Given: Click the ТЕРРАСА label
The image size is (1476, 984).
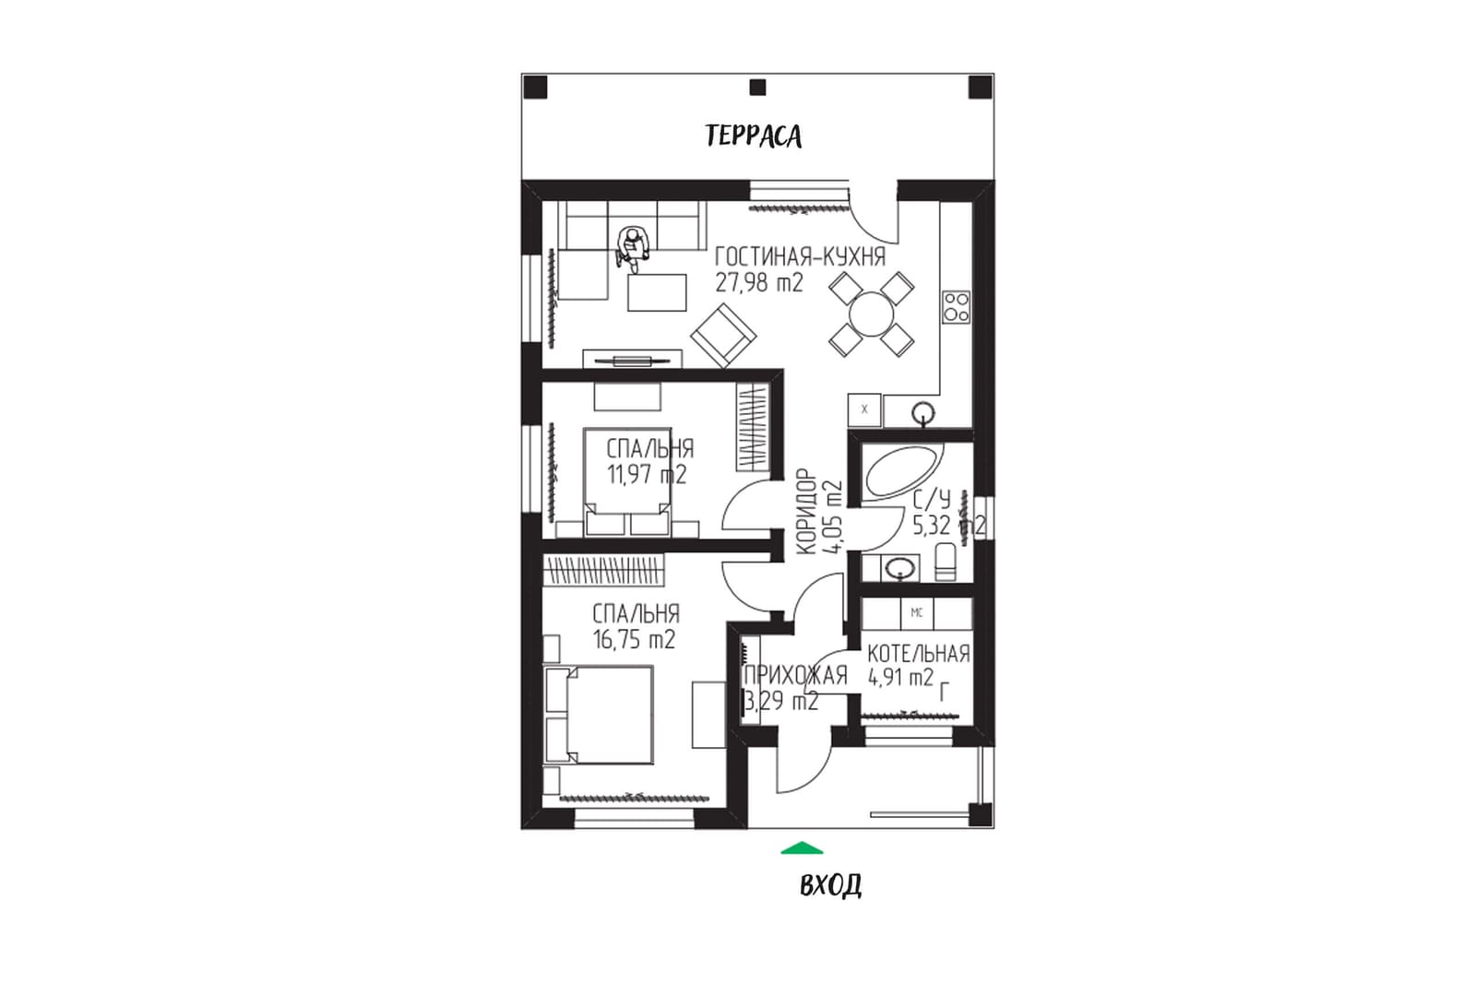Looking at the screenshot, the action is click(753, 136).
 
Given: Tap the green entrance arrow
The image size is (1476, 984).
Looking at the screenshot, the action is click(802, 848).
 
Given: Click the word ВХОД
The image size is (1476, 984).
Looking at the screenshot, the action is click(830, 885).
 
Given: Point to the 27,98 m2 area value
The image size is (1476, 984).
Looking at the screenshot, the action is click(759, 283).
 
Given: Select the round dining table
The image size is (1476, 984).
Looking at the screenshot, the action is click(871, 314).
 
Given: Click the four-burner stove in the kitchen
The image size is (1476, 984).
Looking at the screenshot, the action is click(956, 307).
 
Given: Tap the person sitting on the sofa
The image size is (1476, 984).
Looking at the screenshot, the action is click(633, 248).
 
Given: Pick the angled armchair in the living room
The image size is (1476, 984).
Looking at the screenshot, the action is click(723, 336).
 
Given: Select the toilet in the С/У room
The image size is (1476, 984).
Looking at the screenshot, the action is click(945, 562).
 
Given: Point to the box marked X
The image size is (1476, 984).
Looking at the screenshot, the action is click(864, 409).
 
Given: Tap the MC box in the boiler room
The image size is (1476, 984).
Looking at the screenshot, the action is click(917, 613).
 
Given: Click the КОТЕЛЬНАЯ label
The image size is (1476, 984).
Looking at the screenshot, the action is click(919, 654).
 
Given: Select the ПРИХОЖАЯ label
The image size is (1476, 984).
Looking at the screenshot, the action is click(795, 676).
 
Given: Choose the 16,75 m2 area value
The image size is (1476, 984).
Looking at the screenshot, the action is click(634, 639).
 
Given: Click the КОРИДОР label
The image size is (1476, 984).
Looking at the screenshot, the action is click(807, 511).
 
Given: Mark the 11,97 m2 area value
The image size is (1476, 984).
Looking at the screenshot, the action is click(647, 474).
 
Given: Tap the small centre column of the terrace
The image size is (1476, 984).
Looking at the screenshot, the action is click(757, 87).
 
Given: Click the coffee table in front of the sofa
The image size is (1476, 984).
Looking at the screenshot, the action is click(657, 292).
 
